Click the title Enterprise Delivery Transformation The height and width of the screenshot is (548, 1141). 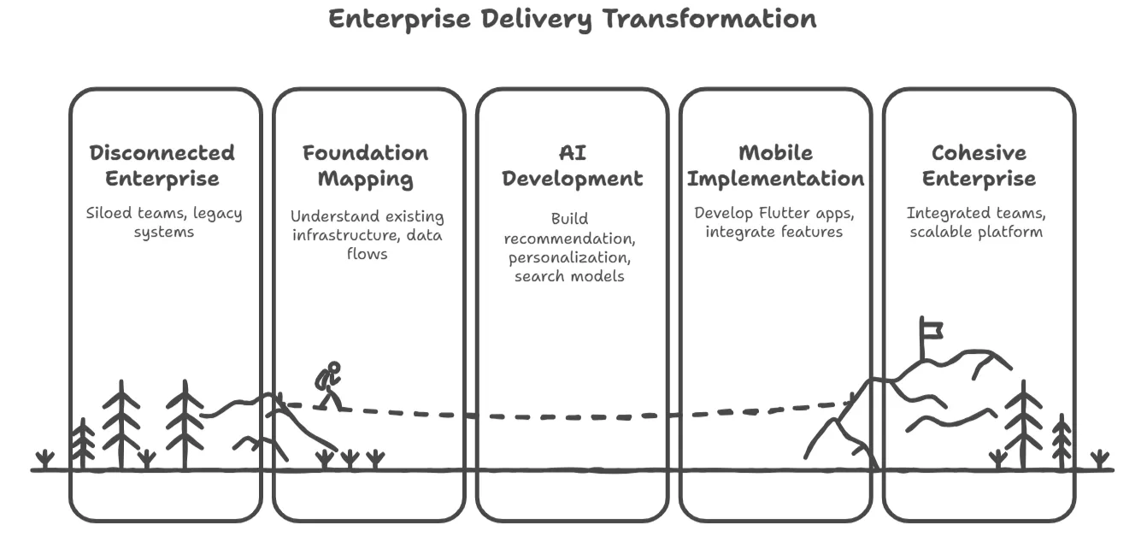[572, 19]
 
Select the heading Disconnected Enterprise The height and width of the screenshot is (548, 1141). [162, 166]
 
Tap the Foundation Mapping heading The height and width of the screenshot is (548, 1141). [366, 166]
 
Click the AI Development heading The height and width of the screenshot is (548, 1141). [572, 166]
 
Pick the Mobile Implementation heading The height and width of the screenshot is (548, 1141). [775, 166]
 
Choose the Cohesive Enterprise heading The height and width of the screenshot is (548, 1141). [979, 166]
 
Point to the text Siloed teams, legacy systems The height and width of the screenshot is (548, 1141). [164, 222]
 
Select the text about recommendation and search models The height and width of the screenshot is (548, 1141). [569, 247]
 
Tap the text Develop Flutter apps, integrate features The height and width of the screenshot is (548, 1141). [774, 222]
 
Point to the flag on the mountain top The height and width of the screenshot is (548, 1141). [931, 328]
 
